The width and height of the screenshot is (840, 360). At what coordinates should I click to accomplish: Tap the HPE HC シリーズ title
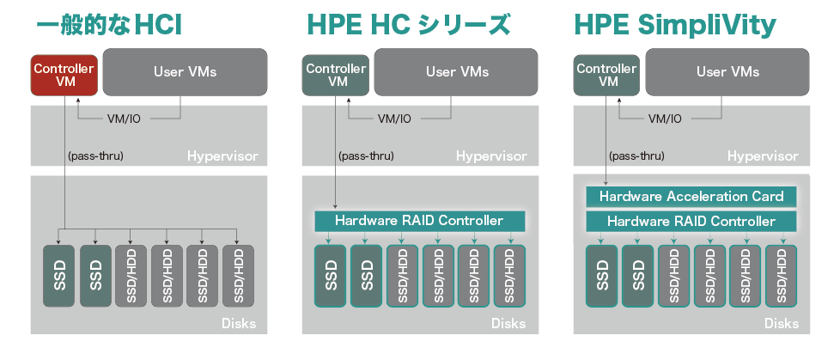click(408, 25)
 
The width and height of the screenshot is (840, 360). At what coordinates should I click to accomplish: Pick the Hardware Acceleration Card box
click(691, 196)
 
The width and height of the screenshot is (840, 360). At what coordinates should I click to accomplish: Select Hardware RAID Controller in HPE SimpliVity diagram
click(691, 221)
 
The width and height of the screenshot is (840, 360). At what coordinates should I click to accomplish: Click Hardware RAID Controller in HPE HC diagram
click(419, 221)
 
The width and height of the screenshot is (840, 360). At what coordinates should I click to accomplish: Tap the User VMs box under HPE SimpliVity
click(727, 72)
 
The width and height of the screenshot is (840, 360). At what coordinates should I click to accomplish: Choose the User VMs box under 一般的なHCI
click(185, 72)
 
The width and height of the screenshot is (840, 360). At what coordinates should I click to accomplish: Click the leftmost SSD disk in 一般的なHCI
click(60, 275)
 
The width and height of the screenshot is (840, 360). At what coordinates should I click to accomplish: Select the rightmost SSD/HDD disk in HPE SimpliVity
click(781, 275)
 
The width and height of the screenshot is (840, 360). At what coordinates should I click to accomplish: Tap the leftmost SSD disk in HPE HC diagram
click(332, 275)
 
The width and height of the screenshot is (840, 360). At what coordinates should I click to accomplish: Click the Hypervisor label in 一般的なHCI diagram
click(222, 156)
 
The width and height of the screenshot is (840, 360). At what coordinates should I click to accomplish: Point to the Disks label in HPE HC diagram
click(508, 325)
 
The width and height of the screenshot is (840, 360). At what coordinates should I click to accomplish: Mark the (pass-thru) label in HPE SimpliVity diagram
click(636, 156)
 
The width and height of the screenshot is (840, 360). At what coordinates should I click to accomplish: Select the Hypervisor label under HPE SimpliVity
click(763, 156)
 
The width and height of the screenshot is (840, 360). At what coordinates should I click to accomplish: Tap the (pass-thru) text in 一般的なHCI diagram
click(95, 156)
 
